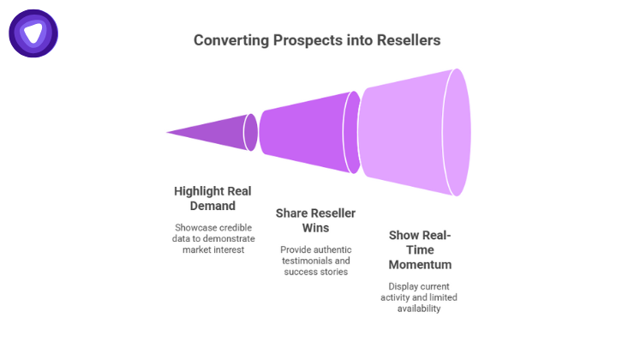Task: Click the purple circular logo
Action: pos(33,33)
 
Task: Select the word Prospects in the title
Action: pos(307,40)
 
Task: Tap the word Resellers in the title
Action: pos(408,40)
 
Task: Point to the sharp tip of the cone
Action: pos(168,133)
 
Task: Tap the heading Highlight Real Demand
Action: pos(212,198)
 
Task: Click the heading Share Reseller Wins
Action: pos(315,220)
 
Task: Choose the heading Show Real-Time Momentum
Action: pos(420,249)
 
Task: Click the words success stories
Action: pos(316,272)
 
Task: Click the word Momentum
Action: pos(420,264)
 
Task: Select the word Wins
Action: pos(315,228)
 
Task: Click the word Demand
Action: pos(212,206)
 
